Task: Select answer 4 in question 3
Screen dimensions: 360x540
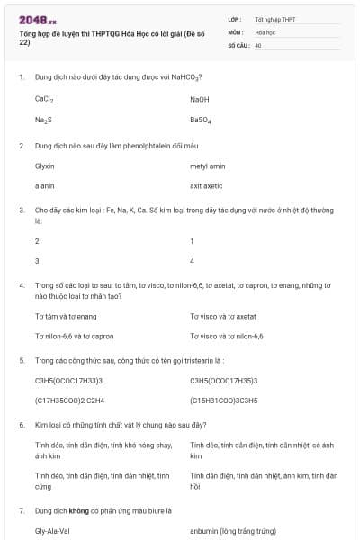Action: pos(192,261)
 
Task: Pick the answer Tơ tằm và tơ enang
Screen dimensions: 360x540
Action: pos(66,317)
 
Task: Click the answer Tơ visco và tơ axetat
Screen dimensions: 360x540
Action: pos(223,317)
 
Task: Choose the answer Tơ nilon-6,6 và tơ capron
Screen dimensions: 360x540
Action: pos(74,336)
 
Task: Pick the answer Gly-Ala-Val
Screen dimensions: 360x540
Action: pos(52,530)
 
